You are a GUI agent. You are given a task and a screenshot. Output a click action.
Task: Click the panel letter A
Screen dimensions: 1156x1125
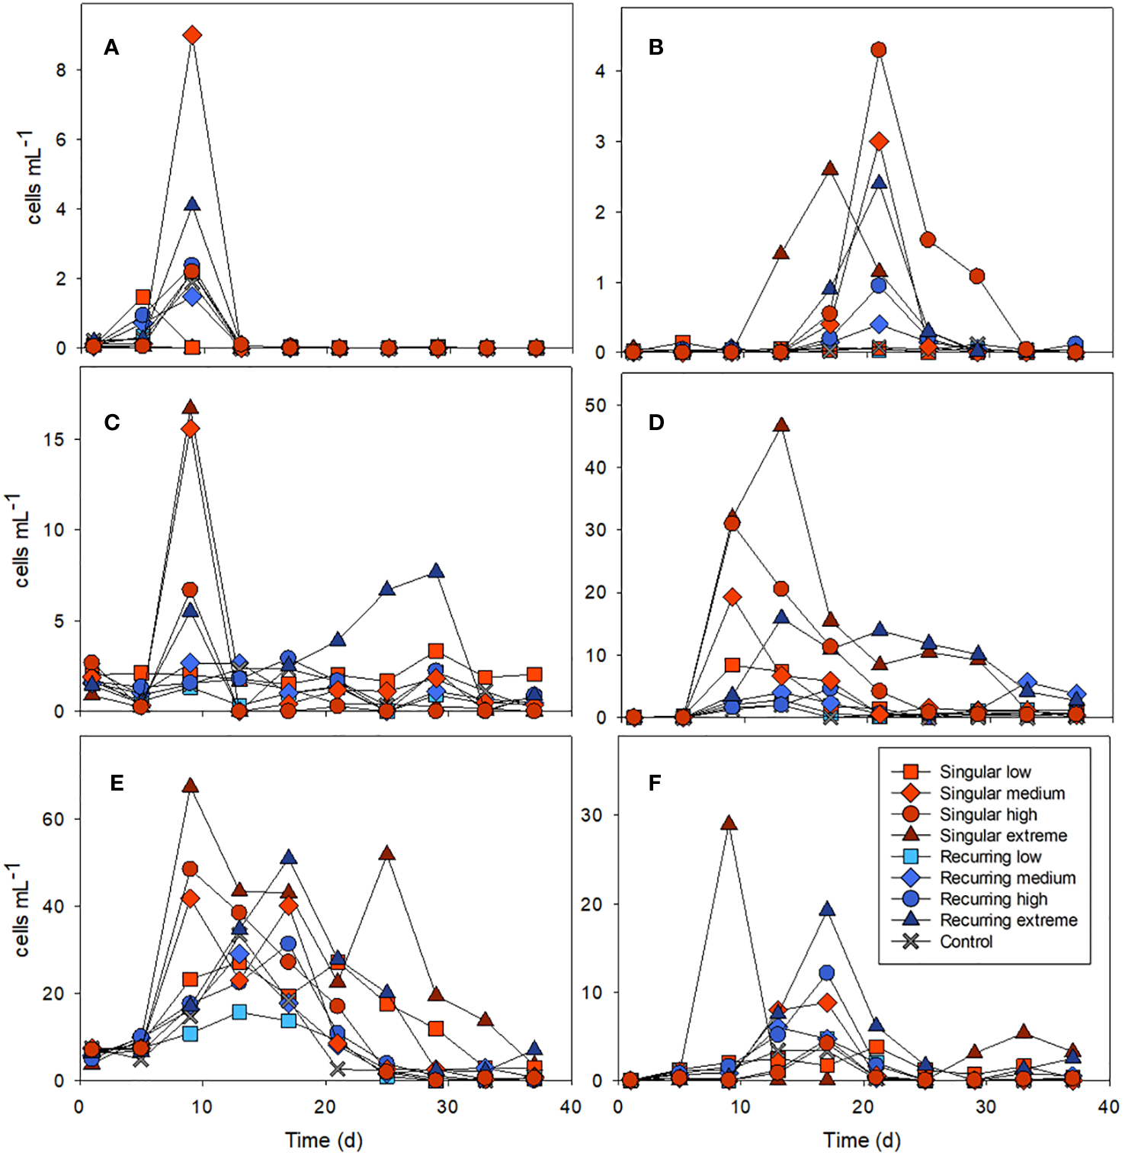(x=111, y=47)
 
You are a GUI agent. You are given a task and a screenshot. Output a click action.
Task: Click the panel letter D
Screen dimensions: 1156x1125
(x=656, y=422)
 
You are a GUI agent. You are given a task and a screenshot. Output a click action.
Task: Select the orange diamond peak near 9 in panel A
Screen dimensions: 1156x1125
(x=192, y=35)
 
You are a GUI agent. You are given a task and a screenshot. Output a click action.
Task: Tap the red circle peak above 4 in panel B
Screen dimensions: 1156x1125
(x=879, y=50)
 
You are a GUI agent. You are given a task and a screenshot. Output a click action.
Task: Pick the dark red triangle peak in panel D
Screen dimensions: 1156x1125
(x=781, y=425)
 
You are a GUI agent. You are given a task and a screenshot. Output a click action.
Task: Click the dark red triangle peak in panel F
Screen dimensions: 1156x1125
(x=729, y=823)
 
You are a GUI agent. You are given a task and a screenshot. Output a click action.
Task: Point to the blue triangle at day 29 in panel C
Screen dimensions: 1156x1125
(x=436, y=571)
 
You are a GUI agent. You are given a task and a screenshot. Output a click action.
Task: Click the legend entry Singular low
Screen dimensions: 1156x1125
(x=985, y=772)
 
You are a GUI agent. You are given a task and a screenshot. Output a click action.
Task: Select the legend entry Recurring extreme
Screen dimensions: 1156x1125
(x=1008, y=920)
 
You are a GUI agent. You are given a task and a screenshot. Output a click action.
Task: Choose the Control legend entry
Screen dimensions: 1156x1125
(x=966, y=942)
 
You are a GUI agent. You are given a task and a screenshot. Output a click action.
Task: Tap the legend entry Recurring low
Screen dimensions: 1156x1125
(x=990, y=857)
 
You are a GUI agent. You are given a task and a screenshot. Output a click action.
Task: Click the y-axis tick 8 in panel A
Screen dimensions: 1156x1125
(x=61, y=70)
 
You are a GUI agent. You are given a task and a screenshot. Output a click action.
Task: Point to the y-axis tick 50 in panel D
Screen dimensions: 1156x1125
(x=595, y=406)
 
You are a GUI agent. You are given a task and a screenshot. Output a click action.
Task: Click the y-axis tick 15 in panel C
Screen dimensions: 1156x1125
(x=53, y=440)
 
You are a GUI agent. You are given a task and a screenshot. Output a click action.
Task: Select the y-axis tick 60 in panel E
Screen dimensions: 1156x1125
(x=53, y=819)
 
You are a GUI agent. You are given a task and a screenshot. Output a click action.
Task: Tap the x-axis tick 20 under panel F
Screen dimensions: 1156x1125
(x=863, y=1107)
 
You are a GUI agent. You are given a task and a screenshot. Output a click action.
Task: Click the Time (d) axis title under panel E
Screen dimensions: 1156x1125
(x=324, y=1140)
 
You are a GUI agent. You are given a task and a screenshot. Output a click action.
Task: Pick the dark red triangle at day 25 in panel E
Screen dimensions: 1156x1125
(x=386, y=853)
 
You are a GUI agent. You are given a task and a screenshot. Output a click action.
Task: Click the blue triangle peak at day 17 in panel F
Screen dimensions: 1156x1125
(x=827, y=909)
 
